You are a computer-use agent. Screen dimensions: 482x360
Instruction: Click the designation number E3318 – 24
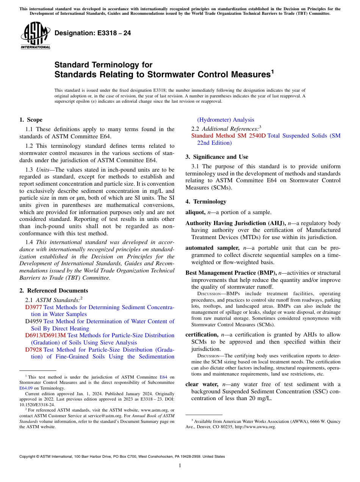coord(93,33)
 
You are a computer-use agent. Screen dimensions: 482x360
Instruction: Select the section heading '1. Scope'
coord(31,120)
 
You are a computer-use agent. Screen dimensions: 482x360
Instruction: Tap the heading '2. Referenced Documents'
coord(53,291)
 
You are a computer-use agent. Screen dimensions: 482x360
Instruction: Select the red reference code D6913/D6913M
coord(45,335)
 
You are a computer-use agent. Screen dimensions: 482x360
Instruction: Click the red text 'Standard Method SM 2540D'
coord(229,136)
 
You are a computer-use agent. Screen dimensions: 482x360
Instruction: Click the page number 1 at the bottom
coord(180,466)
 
